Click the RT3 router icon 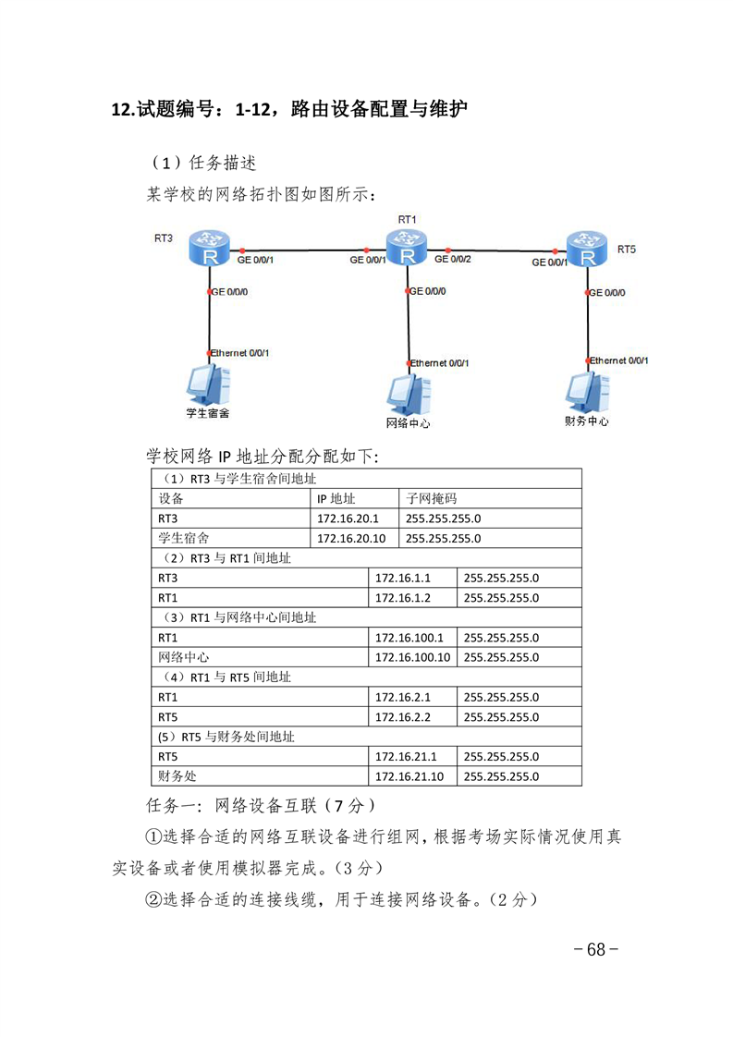[x=209, y=249]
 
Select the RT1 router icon [x=406, y=247]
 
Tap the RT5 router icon [x=587, y=249]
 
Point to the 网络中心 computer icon [x=409, y=395]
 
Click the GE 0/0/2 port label [x=453, y=259]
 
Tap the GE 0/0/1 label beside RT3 [x=255, y=260]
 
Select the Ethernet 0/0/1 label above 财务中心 [x=618, y=360]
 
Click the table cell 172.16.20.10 [x=350, y=538]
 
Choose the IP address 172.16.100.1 [x=409, y=638]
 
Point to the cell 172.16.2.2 [x=402, y=717]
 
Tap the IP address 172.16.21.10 [x=409, y=776]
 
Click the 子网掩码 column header [x=431, y=499]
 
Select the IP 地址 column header [x=336, y=499]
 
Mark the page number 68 [x=596, y=949]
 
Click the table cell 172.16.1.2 [x=402, y=598]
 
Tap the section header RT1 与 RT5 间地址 [x=240, y=677]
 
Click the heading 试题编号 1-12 [x=289, y=109]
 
